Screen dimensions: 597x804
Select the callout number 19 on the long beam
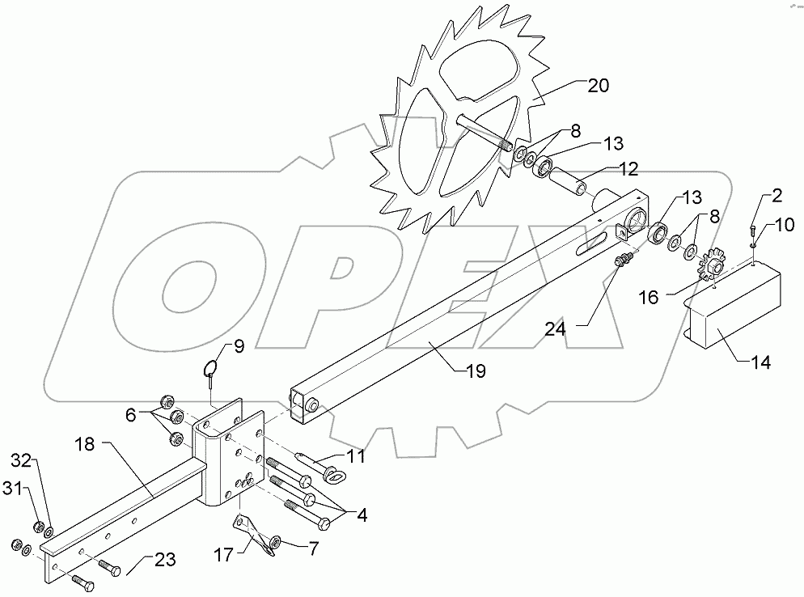point(475,371)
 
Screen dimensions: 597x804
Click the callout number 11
point(357,458)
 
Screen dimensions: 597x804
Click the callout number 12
point(628,169)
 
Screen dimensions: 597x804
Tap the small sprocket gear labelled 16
point(714,266)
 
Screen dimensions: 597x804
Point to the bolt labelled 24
point(624,260)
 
